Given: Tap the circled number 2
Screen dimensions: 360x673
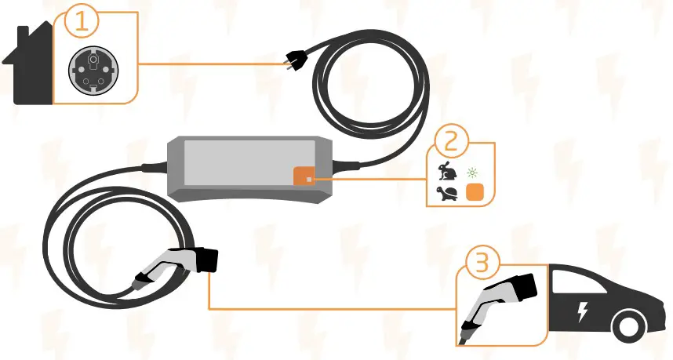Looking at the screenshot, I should [x=449, y=142].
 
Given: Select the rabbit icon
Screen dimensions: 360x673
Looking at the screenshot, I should [x=447, y=170].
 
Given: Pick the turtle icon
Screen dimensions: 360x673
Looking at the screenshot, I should [x=447, y=193].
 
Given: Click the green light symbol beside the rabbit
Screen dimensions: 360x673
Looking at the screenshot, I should [x=472, y=170].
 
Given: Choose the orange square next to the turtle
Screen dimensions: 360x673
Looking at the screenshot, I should [x=474, y=193].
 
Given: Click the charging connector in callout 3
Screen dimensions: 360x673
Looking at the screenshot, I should [x=498, y=301].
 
